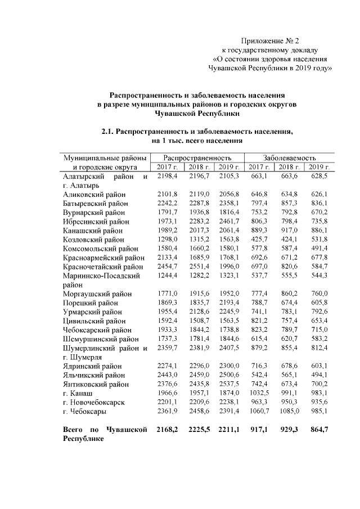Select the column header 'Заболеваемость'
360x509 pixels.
point(290,158)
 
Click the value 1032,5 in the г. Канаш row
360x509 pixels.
point(259,393)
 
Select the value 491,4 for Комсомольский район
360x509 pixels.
point(319,247)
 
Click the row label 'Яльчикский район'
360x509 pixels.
point(94,375)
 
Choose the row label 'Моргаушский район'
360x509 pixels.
point(97,294)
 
